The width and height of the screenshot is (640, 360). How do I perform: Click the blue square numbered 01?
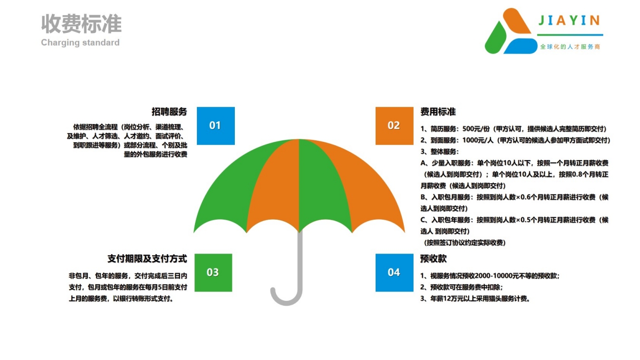pyautogui.click(x=216, y=126)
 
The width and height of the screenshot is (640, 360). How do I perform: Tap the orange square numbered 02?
pyautogui.click(x=394, y=126)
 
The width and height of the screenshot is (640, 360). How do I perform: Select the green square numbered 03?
pyautogui.click(x=214, y=272)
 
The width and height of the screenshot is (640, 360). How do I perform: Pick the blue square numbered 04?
pyautogui.click(x=394, y=272)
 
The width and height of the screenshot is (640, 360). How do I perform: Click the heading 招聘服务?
pyautogui.click(x=169, y=112)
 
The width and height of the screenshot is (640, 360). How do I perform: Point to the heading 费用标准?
pyautogui.click(x=438, y=112)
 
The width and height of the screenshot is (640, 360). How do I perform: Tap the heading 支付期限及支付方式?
pyautogui.click(x=147, y=259)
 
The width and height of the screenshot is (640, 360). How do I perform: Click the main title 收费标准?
pyautogui.click(x=81, y=24)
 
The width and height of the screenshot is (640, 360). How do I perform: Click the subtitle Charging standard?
pyautogui.click(x=80, y=42)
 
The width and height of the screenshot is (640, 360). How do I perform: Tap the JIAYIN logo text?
pyautogui.click(x=569, y=21)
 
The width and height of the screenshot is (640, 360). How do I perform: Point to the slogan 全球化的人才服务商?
pyautogui.click(x=570, y=47)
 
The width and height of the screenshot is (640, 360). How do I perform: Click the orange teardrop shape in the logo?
pyautogui.click(x=516, y=21)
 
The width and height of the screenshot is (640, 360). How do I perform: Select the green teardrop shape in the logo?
pyautogui.click(x=495, y=38)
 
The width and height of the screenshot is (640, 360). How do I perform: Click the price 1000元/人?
pyautogui.click(x=478, y=140)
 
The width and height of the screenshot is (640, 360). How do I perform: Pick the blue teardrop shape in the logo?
pyautogui.click(x=520, y=46)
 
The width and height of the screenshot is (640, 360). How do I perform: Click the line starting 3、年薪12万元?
pyautogui.click(x=476, y=298)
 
